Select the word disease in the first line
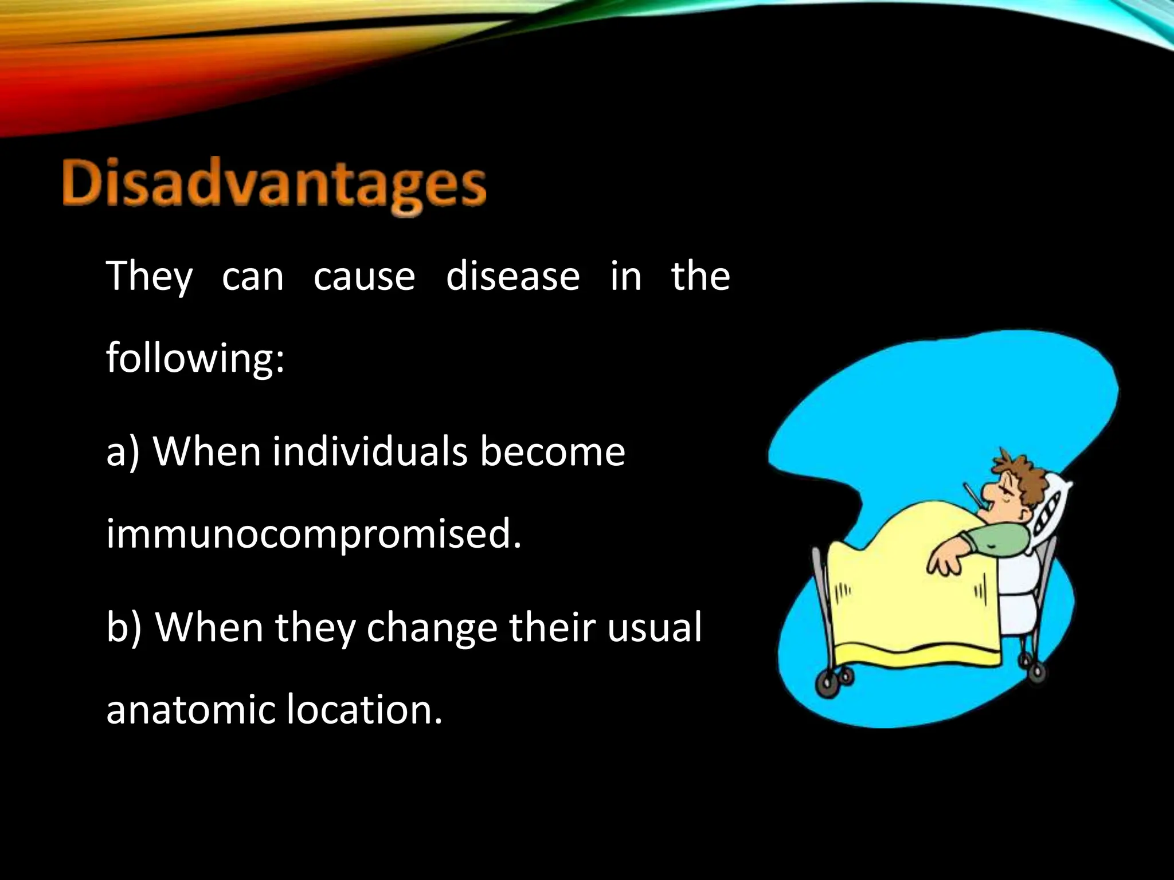512,277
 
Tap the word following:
195,358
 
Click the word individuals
369,451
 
